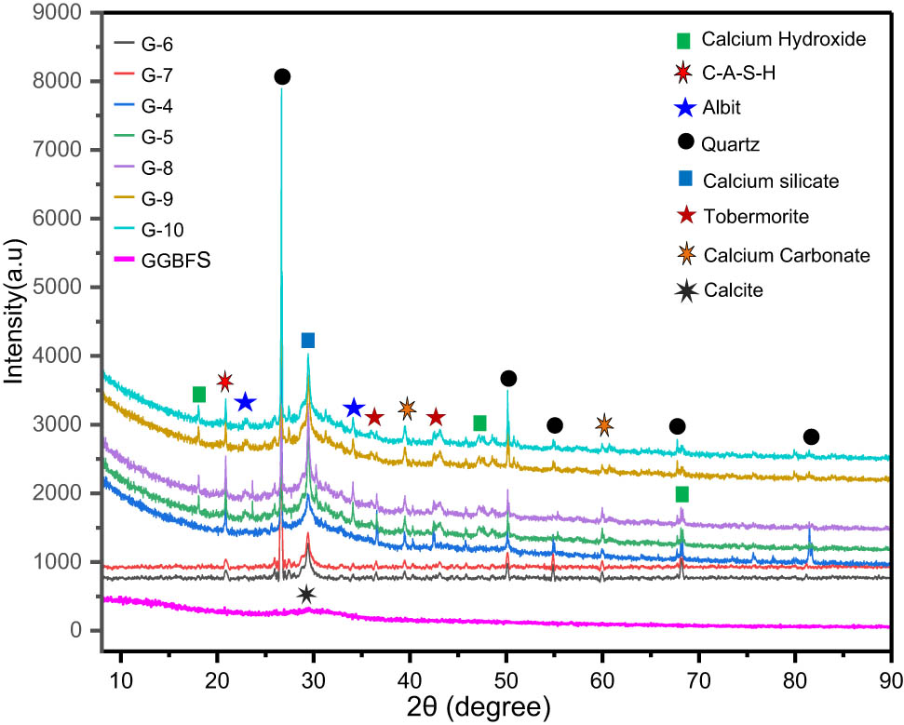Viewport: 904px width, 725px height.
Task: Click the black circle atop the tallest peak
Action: [282, 76]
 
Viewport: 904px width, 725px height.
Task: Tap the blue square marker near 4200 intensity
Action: [308, 341]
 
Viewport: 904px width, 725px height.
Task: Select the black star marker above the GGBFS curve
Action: [306, 596]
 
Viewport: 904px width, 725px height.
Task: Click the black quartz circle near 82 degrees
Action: [811, 437]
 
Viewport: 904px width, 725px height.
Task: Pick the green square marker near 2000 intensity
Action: [682, 493]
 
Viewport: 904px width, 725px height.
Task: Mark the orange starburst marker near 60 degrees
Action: [604, 425]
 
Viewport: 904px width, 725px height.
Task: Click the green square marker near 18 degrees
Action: [198, 395]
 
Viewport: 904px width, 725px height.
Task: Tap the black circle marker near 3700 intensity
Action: [508, 378]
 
